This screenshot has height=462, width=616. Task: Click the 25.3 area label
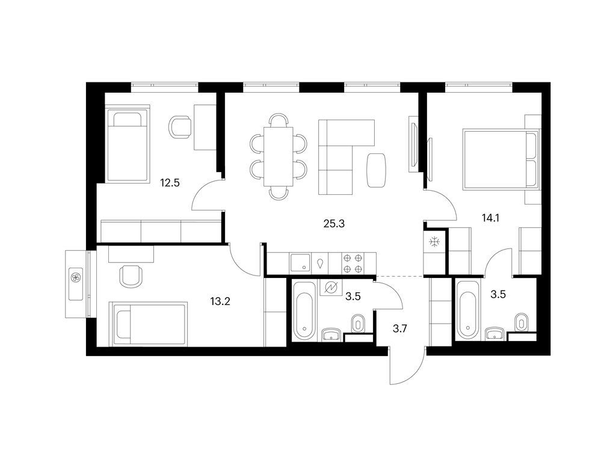pos(334,224)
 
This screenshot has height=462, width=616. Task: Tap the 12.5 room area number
pos(170,183)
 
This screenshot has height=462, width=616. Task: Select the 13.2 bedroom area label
pos(220,302)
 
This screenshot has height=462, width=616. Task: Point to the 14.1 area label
pos(490,218)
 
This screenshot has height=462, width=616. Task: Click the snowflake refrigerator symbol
pos(434,242)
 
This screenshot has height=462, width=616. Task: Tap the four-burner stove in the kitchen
pos(353,263)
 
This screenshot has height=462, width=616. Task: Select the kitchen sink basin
pos(300,262)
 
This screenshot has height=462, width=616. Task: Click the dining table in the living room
pos(279,156)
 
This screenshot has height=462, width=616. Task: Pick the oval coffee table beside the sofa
pos(377,170)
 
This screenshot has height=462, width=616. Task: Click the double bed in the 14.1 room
pos(500,159)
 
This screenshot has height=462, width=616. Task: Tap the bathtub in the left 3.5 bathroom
pos(304,310)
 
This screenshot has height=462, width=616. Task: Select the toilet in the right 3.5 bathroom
pos(521,323)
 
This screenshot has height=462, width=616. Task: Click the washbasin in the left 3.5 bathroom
pos(332,334)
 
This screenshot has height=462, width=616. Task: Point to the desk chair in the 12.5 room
pos(180,128)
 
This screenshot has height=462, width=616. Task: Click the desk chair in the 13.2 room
pos(130,276)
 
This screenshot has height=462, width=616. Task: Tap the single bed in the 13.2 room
pos(149,324)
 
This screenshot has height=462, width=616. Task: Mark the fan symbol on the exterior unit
pos(76,277)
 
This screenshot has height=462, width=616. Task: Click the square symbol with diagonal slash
pos(331,288)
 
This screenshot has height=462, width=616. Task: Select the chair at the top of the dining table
pos(279,120)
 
